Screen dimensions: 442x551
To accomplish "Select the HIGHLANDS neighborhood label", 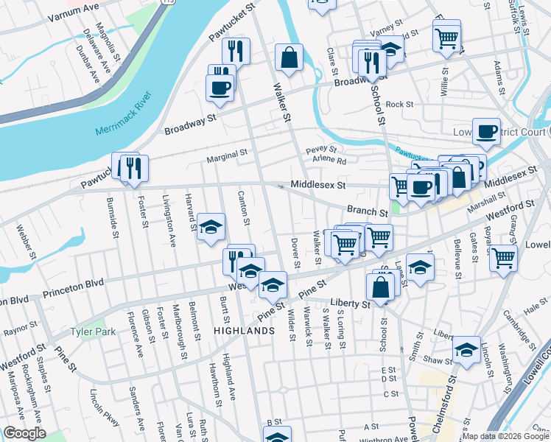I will tap(244, 331).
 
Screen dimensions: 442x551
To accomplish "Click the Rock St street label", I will tap(400, 105).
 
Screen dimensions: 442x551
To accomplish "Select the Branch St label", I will tap(368, 211).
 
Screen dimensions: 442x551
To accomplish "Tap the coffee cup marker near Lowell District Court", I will tap(486, 131).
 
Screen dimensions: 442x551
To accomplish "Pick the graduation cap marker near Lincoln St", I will tap(466, 351).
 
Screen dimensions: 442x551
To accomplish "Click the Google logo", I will tap(24, 434).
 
